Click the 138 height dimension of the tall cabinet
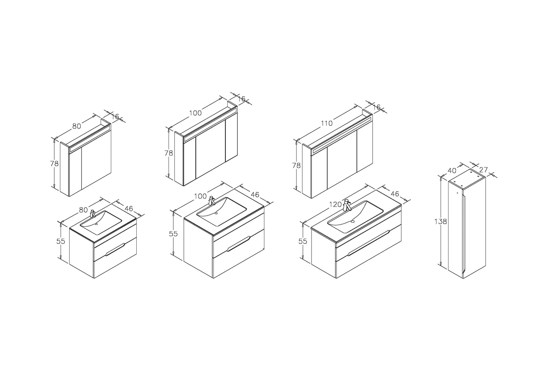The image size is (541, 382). pos(441,221)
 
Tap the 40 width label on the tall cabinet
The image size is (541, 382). pos(452,170)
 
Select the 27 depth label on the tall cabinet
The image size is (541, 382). pos(483,170)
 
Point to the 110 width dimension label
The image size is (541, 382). pos(327,123)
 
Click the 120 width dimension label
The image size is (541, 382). pos(335,205)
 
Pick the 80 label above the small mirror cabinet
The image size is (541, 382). pos(77,126)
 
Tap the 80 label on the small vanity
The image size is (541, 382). pos(83,210)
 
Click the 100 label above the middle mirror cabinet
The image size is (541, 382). pos(195,113)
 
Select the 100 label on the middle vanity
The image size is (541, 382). pos(200,196)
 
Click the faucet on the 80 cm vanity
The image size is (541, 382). pos(92,214)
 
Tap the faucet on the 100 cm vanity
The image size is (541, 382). pos(212,201)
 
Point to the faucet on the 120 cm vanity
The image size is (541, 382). pos(347,205)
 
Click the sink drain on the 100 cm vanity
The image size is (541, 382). pos(216,213)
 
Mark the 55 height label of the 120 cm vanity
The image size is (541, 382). pos(303,241)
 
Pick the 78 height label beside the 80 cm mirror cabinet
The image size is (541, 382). pos(54,164)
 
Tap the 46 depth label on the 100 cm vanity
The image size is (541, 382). pos(255,195)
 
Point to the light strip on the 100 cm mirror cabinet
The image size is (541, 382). pos(210,124)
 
